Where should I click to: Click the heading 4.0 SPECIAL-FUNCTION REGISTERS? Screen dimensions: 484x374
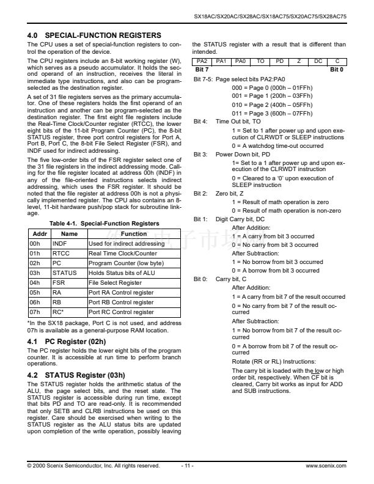point(94,35)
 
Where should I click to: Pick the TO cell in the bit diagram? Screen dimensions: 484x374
point(260,62)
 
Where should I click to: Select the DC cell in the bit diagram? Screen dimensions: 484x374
point(317,62)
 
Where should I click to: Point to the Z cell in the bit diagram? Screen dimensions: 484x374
point(298,62)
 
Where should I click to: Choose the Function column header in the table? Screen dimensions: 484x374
point(134,233)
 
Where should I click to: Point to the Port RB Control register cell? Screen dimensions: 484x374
point(121,302)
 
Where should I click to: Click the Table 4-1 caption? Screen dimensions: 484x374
point(104,224)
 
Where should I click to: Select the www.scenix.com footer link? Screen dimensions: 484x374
point(326,466)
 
